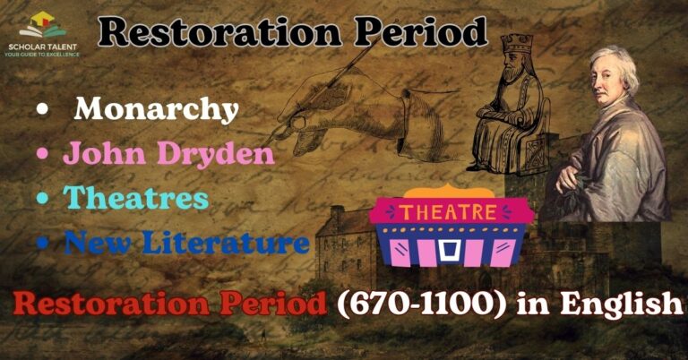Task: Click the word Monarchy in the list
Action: pos(156,109)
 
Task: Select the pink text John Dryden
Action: pos(168,154)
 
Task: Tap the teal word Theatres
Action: pos(135,198)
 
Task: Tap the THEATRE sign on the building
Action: pos(448,212)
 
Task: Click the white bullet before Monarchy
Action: pos(41,111)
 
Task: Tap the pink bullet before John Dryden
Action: pos(41,155)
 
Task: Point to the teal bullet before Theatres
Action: pos(41,199)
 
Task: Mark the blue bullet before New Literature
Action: pos(41,243)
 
